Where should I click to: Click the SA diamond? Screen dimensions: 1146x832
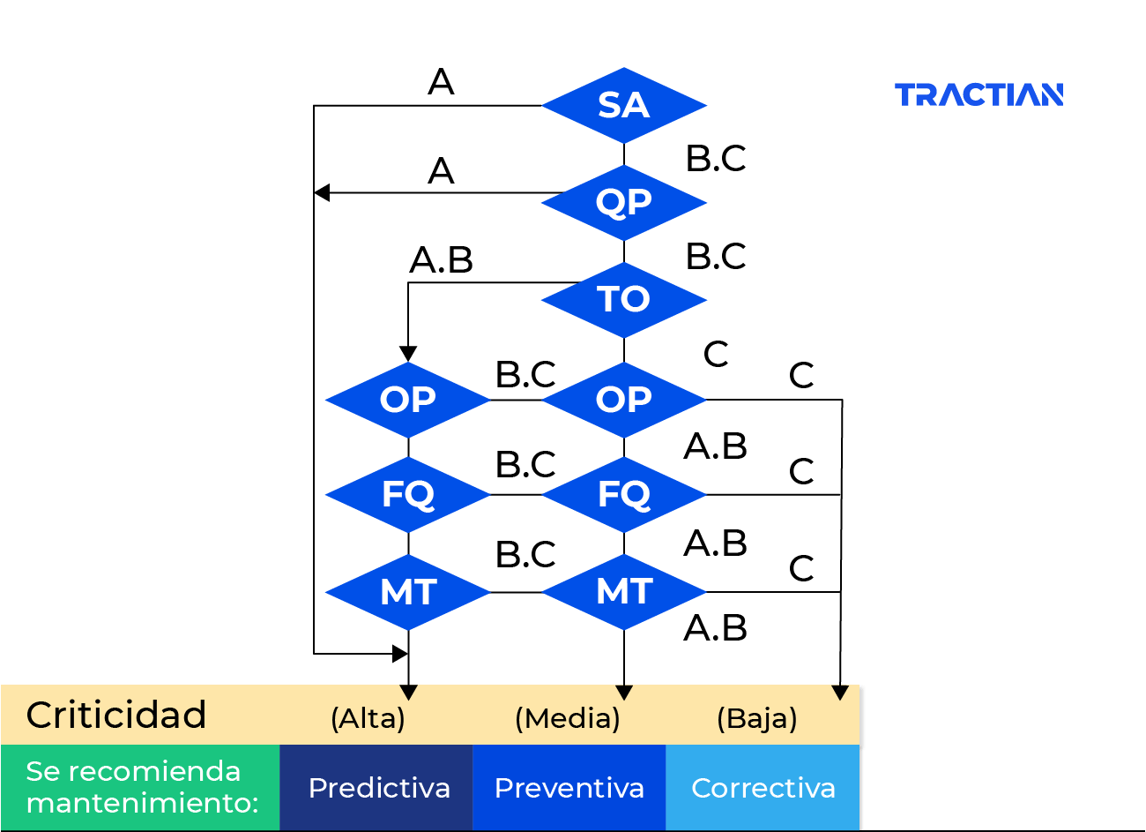(624, 106)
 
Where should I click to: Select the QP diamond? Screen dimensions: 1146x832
(624, 202)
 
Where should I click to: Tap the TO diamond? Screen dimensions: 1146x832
(624, 300)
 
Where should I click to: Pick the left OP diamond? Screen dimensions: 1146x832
(408, 400)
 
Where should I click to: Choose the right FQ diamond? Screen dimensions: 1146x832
(624, 495)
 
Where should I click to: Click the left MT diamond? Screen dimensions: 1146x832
(408, 592)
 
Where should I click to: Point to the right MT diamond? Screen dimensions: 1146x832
(624, 592)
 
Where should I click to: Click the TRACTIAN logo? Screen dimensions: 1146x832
(979, 94)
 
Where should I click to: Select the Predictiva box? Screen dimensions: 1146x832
(376, 788)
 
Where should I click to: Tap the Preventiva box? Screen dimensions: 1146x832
(569, 788)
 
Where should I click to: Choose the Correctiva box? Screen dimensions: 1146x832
(763, 788)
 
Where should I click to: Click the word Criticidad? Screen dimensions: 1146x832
(116, 715)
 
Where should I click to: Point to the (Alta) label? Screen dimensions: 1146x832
(368, 718)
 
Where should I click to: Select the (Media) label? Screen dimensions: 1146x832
(568, 718)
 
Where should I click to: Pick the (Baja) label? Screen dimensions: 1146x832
(757, 718)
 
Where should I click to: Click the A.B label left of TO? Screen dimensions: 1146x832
(441, 260)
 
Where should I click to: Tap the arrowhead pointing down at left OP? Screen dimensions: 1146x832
(408, 354)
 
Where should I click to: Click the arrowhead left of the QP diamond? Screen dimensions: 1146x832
(322, 193)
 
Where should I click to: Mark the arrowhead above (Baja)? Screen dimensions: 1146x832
(840, 693)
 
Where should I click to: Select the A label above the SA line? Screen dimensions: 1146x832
(441, 82)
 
